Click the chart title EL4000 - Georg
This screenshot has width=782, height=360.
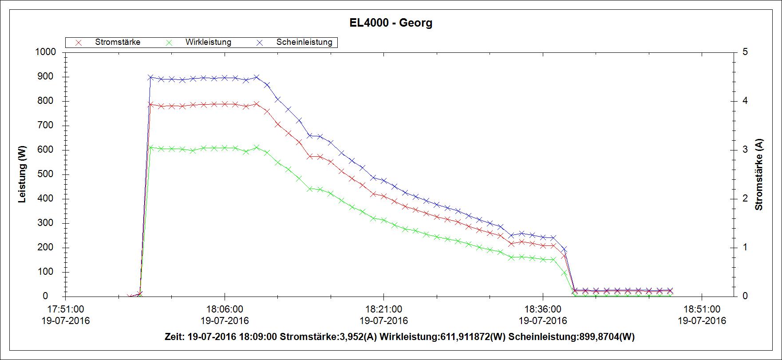pyautogui.click(x=391, y=23)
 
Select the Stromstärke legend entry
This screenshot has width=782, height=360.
pyautogui.click(x=117, y=42)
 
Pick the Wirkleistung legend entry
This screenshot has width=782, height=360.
pyautogui.click(x=208, y=42)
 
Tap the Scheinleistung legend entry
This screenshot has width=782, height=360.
pyautogui.click(x=304, y=42)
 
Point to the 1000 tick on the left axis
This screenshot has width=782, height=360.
pyautogui.click(x=45, y=52)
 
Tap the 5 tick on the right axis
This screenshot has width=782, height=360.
pyautogui.click(x=745, y=52)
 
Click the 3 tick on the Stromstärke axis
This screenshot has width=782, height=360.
pyautogui.click(x=745, y=150)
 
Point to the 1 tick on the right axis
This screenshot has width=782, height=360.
pyautogui.click(x=745, y=247)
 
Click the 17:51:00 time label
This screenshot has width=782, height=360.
pyautogui.click(x=66, y=309)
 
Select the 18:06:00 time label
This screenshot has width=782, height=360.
pyautogui.click(x=225, y=309)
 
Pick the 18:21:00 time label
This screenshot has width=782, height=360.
pyautogui.click(x=383, y=309)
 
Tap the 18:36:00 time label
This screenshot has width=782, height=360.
pyautogui.click(x=542, y=309)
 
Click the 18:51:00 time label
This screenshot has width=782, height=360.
pyautogui.click(x=701, y=309)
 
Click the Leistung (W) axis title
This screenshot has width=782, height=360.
pyautogui.click(x=23, y=174)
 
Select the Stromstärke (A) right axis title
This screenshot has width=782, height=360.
pyautogui.click(x=759, y=174)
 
